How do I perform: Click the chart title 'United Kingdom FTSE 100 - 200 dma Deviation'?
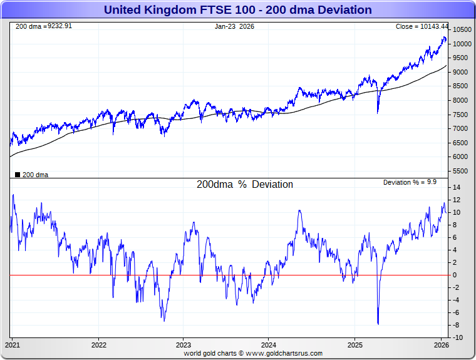pos(237,10)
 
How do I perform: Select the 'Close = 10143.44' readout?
pos(422,26)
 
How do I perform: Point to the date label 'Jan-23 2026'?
pos(234,26)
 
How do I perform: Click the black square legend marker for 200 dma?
pos(17,175)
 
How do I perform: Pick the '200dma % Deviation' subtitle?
pos(244,185)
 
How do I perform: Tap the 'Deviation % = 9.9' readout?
pos(410,182)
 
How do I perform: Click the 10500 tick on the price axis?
pos(462,29)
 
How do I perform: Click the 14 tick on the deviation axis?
pos(457,187)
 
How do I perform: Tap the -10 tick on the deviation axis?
pos(458,337)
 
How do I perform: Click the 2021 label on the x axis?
pos(13,345)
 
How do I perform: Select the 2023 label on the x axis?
pos(184,345)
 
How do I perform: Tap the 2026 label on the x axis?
pos(441,345)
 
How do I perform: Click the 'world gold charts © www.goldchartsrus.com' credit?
pos(253,353)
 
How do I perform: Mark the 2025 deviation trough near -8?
pos(378,324)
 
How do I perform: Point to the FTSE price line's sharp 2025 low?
pos(378,113)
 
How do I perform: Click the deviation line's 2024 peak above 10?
pos(299,210)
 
